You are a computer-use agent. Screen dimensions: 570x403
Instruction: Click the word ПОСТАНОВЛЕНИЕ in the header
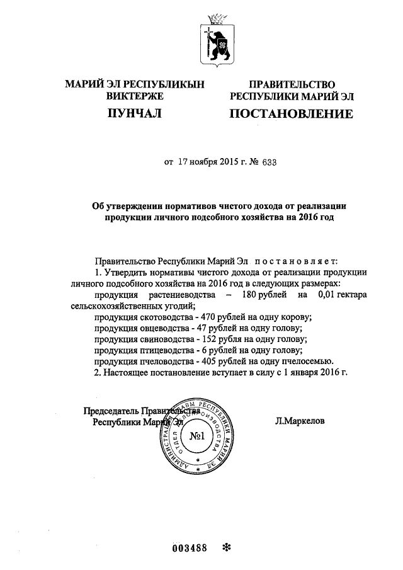click(x=290, y=114)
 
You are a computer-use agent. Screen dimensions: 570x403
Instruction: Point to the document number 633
click(x=268, y=161)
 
